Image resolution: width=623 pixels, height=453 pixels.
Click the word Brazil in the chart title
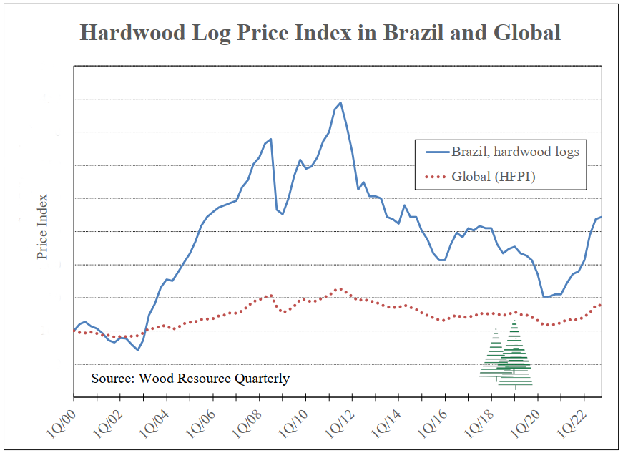coord(418,33)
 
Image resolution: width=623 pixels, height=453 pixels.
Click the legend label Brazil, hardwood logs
coord(515,152)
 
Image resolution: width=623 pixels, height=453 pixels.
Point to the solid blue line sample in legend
coord(436,152)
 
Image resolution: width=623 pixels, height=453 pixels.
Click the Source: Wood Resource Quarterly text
coord(190,379)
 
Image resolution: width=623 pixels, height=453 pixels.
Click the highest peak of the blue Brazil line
coord(340,102)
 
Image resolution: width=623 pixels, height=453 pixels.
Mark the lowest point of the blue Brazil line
coord(137,350)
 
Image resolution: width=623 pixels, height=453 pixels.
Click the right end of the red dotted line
coord(600,305)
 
